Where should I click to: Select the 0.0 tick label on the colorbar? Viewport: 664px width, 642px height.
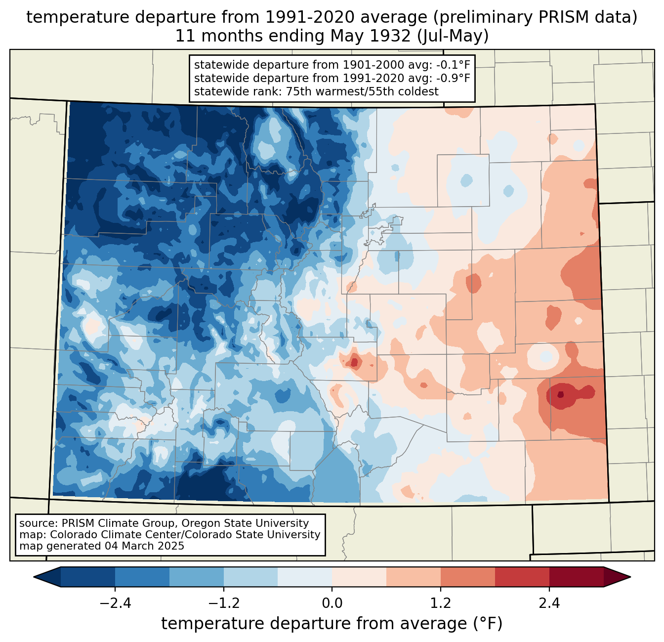[332, 603]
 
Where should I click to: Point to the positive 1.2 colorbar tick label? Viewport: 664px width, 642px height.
[441, 603]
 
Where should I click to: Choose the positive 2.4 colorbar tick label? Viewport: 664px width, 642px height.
[549, 603]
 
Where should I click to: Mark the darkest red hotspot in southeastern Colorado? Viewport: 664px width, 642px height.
[560, 394]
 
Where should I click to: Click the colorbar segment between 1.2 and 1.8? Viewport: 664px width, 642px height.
[468, 577]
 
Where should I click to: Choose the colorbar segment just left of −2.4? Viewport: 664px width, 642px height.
[88, 577]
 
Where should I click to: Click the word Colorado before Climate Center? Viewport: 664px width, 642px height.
[71, 535]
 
